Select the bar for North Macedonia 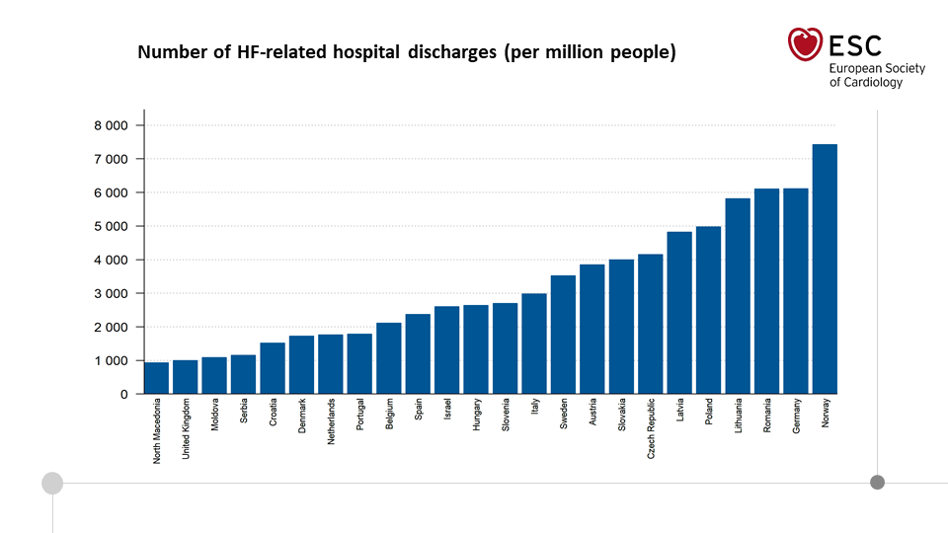(156, 378)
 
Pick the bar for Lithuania (738, 296)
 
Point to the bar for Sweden (563, 335)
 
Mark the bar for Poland (708, 310)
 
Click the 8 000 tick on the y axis (111, 125)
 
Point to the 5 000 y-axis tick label (111, 226)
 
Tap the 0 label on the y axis (123, 394)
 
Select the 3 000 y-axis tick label (111, 293)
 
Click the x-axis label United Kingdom (186, 430)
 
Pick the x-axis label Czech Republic (651, 429)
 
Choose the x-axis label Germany (796, 418)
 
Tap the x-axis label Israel (446, 411)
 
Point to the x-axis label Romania (767, 418)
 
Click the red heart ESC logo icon (805, 43)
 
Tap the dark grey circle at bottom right (877, 482)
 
